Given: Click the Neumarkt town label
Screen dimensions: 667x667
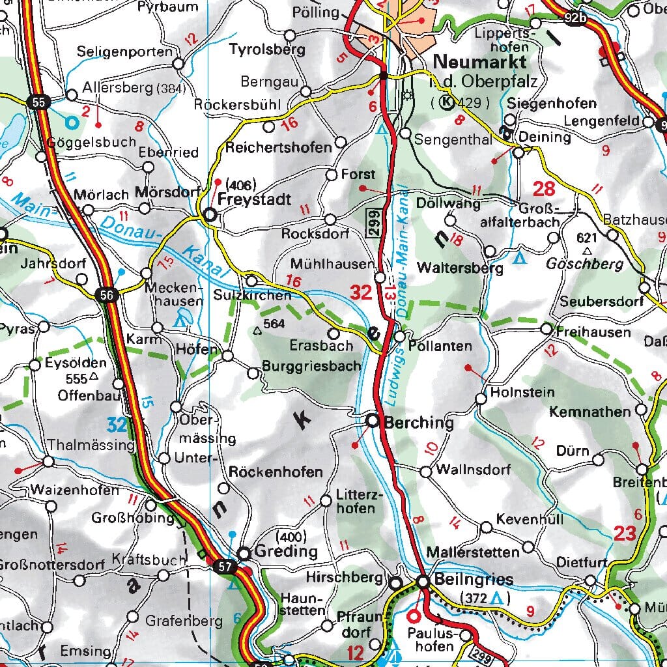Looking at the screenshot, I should pos(479,62).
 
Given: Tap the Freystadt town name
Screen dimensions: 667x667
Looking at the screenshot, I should pos(255,199).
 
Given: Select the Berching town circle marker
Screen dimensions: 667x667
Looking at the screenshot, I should pos(373,421).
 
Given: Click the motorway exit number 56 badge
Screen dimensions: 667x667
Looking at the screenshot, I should pos(109,295).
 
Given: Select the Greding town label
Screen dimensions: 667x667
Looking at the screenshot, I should pos(287,552).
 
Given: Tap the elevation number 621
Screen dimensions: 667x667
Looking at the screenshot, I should pos(587,238).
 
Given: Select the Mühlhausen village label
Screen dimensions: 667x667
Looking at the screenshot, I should pos(333,264).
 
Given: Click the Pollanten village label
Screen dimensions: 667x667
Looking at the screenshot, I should pos(440,347).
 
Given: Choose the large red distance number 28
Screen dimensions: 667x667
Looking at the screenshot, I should pos(544,190).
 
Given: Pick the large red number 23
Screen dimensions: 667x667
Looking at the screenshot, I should pos(624,534).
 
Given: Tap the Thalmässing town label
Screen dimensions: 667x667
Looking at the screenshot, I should pos(91,446).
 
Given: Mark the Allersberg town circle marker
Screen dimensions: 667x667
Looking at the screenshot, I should pos(72,96).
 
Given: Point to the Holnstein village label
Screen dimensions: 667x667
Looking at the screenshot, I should pos(522,392).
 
